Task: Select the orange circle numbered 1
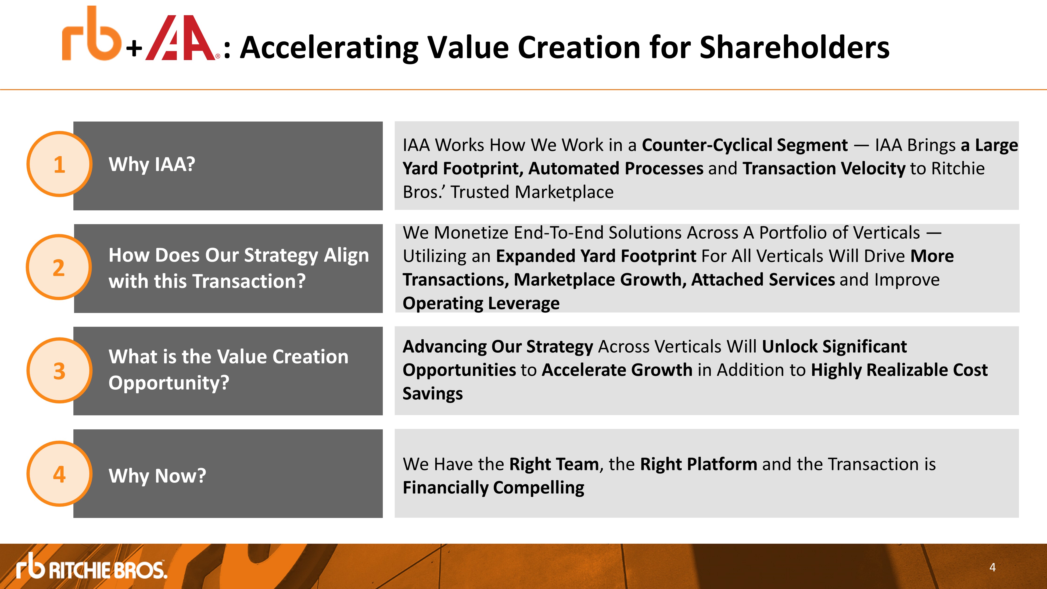pyautogui.click(x=59, y=164)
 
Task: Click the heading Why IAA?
pyautogui.click(x=152, y=165)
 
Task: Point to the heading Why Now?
pyautogui.click(x=157, y=476)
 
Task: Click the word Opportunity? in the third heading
pyautogui.click(x=169, y=383)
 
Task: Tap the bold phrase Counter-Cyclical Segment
pyautogui.click(x=745, y=145)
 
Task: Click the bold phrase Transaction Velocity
pyautogui.click(x=824, y=168)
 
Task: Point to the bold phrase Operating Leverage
pyautogui.click(x=481, y=303)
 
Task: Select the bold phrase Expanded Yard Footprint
pyautogui.click(x=596, y=256)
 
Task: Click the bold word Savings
pyautogui.click(x=432, y=393)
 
